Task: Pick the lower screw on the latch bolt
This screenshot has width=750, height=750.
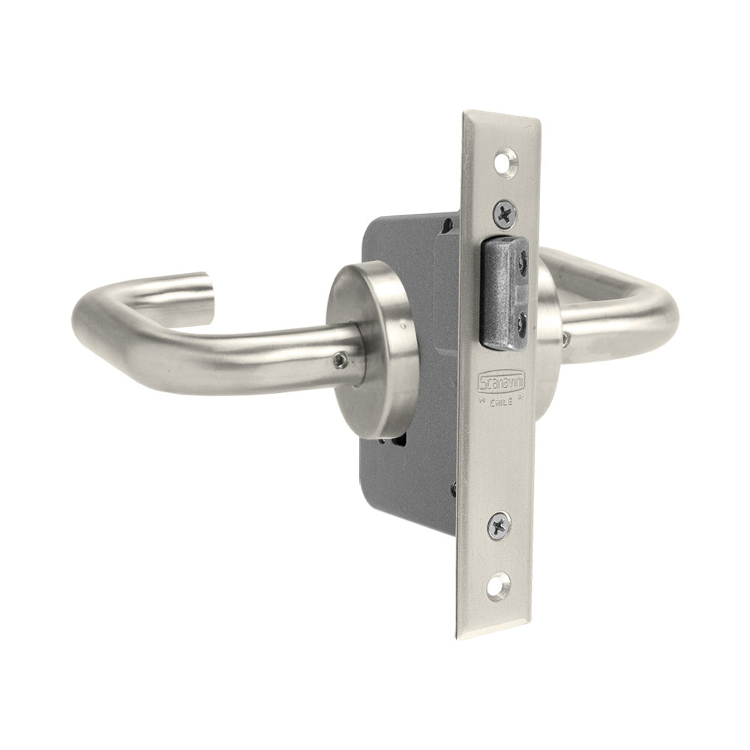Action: tap(522, 320)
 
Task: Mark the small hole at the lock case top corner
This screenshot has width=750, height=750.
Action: tap(449, 223)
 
